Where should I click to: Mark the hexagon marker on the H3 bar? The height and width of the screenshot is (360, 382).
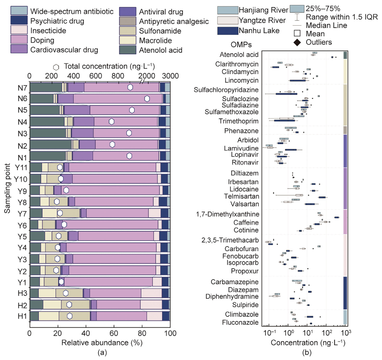click(x=66, y=293)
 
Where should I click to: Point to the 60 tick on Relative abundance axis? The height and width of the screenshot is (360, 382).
click(x=114, y=333)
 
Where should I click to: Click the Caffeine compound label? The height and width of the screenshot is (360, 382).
click(x=247, y=223)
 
